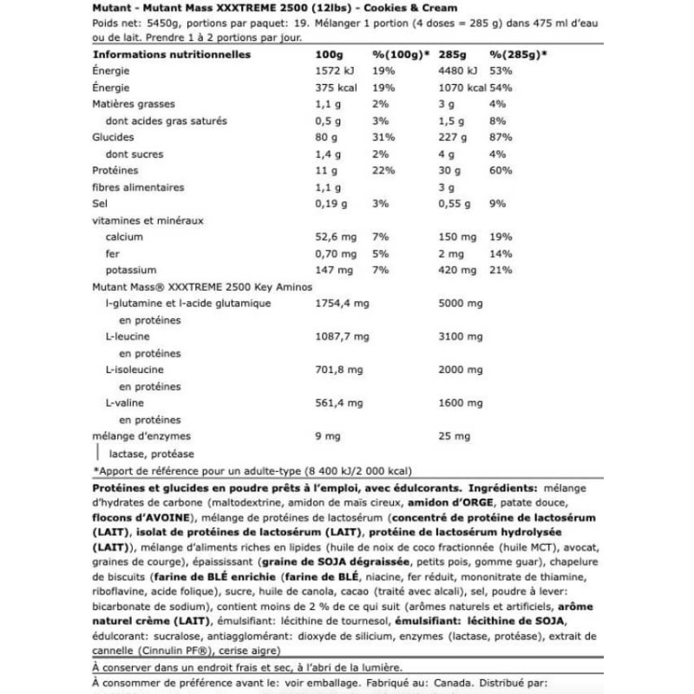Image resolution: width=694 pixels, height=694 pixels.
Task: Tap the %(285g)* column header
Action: tap(517, 55)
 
